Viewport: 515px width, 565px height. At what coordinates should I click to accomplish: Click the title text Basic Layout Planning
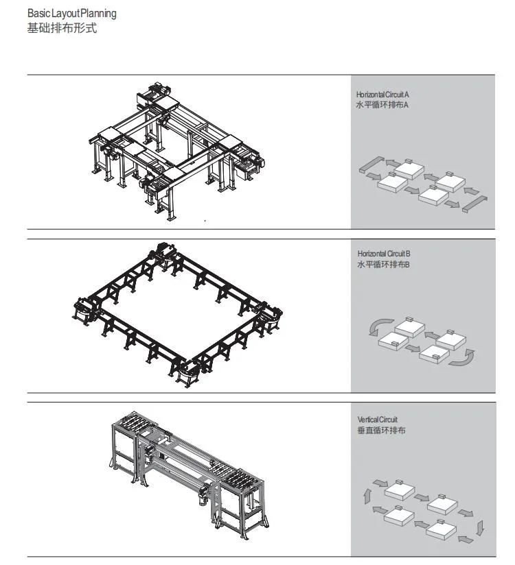tap(72, 13)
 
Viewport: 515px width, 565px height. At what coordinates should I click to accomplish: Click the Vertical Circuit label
tap(377, 419)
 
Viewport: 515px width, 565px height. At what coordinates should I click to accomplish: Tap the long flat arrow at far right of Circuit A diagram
tap(475, 202)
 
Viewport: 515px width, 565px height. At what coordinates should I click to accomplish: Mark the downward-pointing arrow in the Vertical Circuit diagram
tap(481, 527)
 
